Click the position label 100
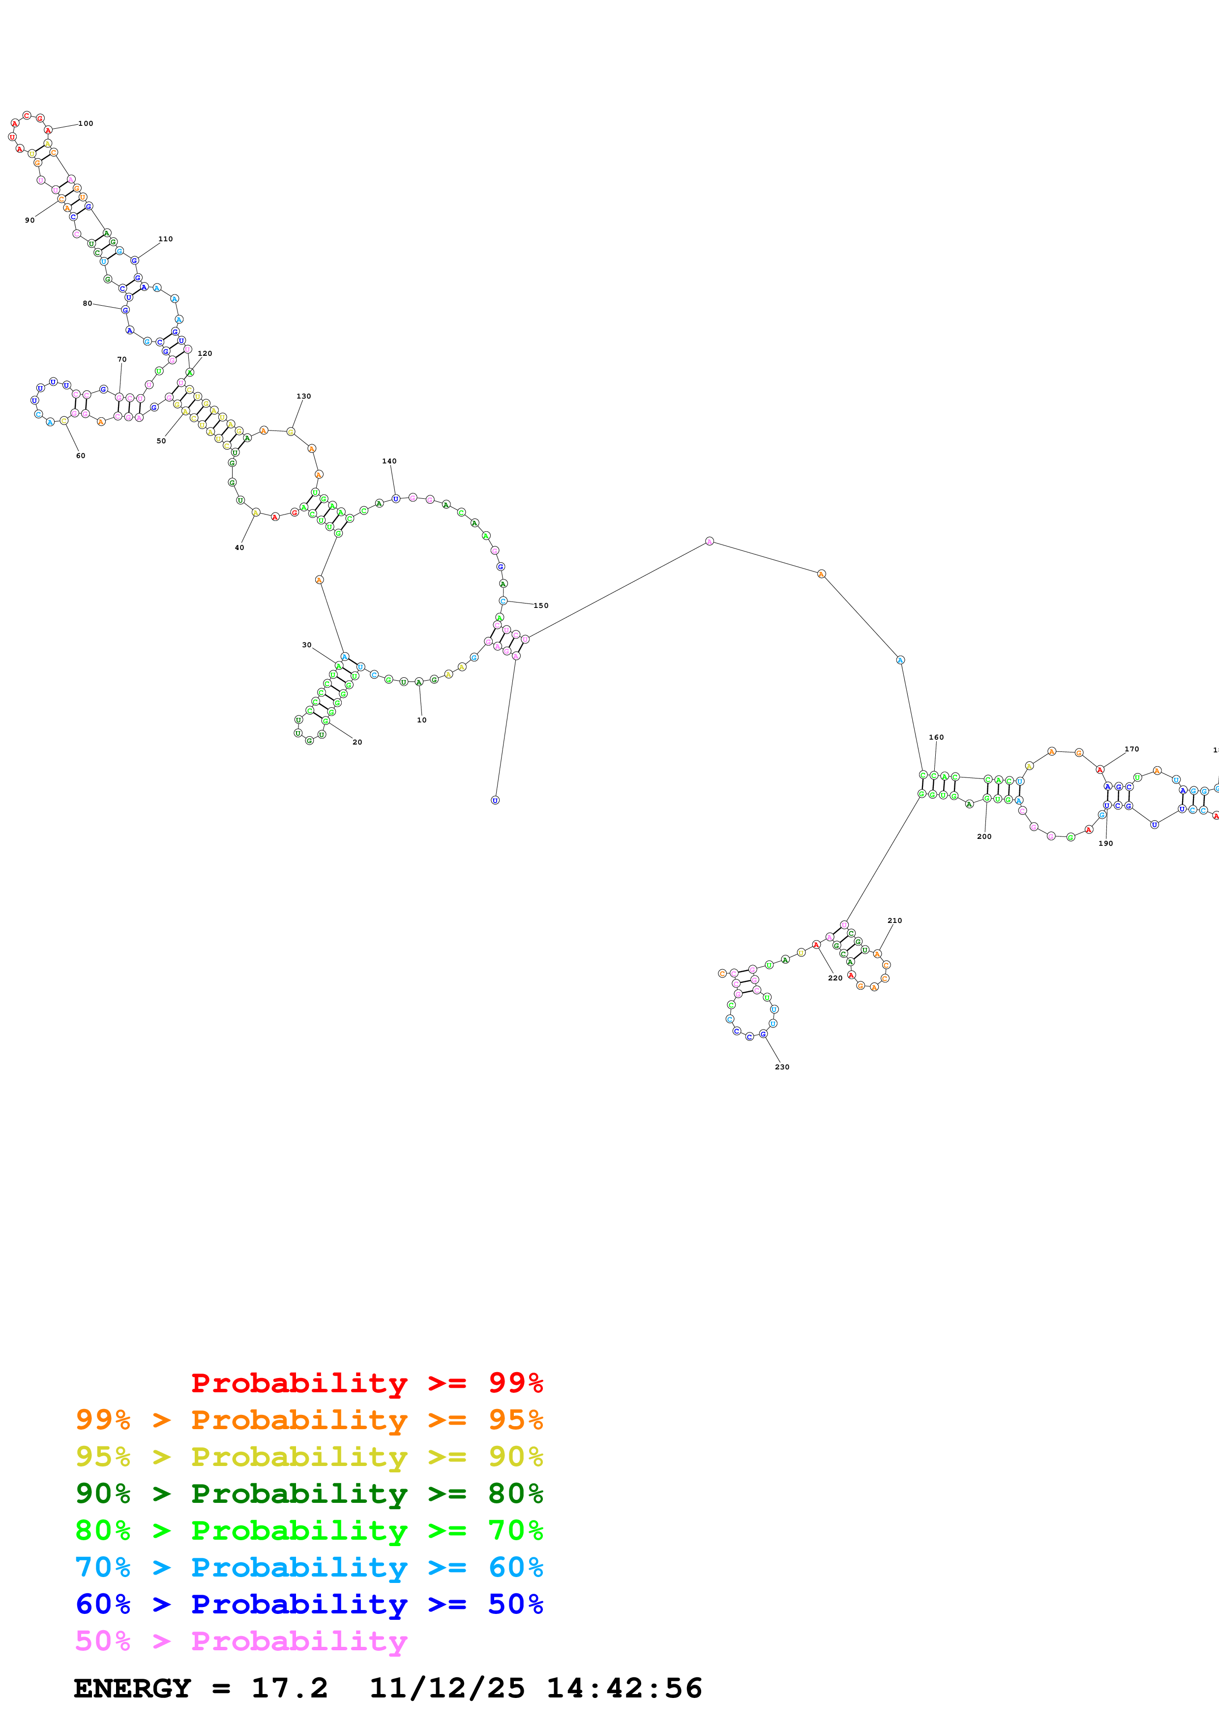coord(86,124)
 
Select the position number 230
coord(782,1067)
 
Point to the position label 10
coord(421,720)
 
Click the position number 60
coord(80,456)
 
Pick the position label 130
coord(303,397)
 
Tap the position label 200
coord(984,836)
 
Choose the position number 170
coord(1131,749)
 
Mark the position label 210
coord(894,920)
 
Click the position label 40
coord(239,548)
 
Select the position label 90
coord(30,221)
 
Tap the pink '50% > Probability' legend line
coord(241,1641)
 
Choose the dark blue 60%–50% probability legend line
coord(309,1605)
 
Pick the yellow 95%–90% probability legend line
coord(309,1457)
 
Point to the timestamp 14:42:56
coord(624,1689)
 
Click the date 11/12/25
coord(447,1689)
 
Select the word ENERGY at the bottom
coord(132,1689)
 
